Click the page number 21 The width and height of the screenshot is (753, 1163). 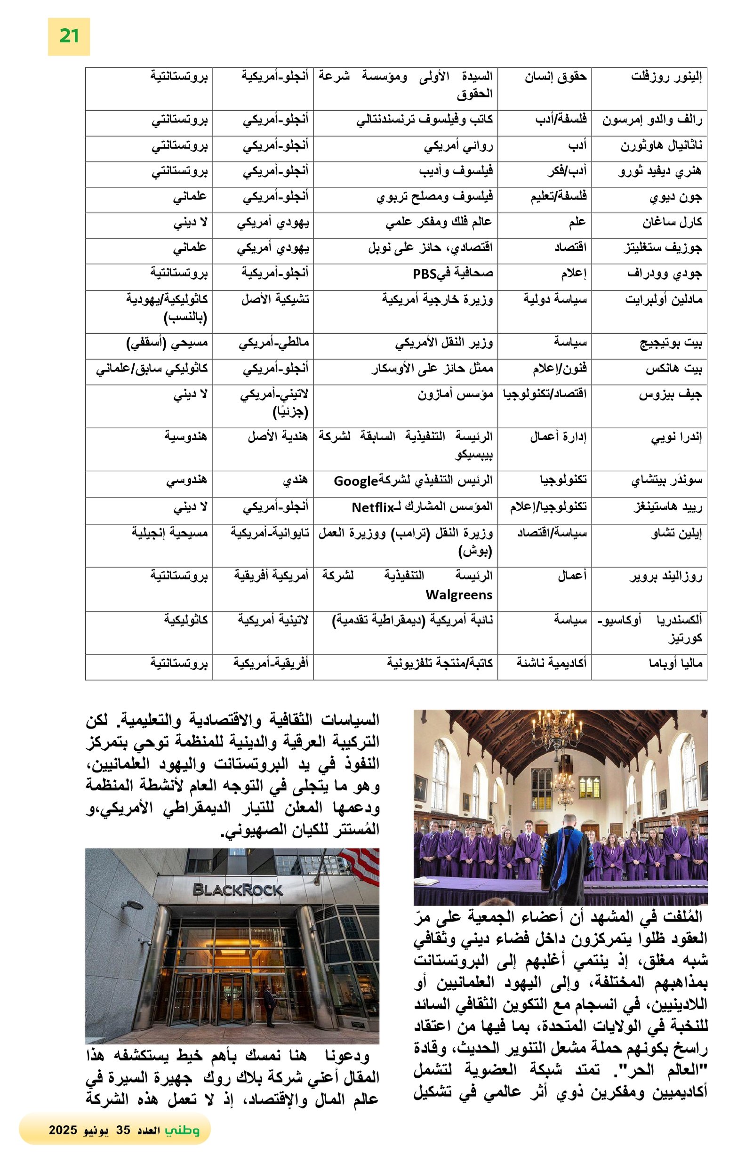tap(68, 36)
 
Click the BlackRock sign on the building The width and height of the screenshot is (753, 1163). tap(238, 890)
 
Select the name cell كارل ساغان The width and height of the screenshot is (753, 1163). tap(672, 222)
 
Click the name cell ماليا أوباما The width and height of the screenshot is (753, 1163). tap(675, 663)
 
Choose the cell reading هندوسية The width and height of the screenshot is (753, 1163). tap(185, 436)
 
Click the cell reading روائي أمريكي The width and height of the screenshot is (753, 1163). tap(458, 145)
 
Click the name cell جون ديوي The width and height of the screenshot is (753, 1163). tap(675, 197)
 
